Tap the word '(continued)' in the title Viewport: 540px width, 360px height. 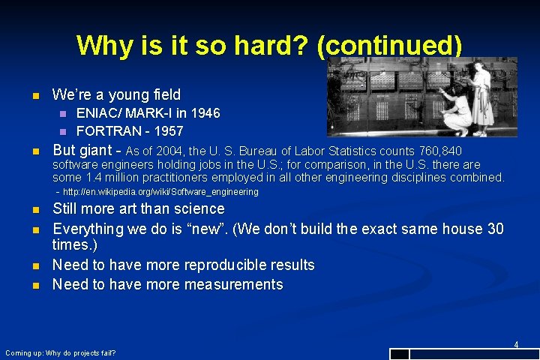tap(389, 46)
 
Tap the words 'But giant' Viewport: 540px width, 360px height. tap(82, 150)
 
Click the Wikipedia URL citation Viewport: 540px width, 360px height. tap(160, 192)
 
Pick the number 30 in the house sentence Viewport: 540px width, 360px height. tap(495, 229)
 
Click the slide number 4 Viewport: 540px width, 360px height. tap(516, 344)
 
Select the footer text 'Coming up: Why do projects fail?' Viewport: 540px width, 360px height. tap(60, 352)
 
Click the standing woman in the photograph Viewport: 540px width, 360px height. tap(481, 94)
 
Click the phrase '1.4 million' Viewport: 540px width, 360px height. tap(110, 178)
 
